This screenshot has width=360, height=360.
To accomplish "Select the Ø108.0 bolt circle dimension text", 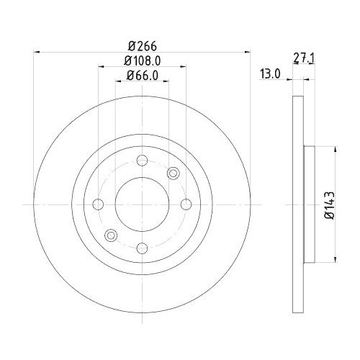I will tap(142, 62).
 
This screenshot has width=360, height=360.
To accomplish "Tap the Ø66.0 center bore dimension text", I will tap(142, 76).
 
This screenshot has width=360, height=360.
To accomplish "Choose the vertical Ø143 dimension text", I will tap(328, 205).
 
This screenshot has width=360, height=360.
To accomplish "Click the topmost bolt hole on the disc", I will tap(142, 161).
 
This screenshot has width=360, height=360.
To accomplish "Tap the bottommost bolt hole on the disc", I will tap(142, 249).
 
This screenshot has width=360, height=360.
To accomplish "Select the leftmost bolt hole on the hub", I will tap(98, 204).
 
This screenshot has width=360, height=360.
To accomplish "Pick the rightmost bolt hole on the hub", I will tap(186, 204).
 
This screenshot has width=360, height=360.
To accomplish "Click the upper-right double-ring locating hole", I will tap(173, 174).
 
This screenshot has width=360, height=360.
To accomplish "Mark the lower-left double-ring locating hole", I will tap(111, 235).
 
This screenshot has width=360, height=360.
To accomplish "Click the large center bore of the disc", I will tap(142, 204).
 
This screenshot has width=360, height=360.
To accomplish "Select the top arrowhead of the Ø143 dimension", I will tap(336, 150).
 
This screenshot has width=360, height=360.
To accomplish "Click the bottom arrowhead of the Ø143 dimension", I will tap(336, 261).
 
